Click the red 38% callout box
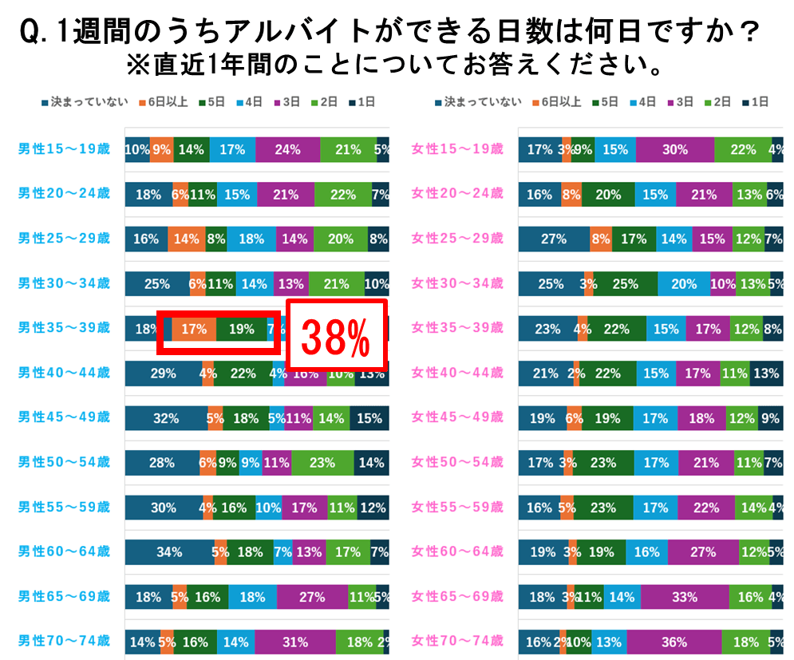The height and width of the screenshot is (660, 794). click(336, 335)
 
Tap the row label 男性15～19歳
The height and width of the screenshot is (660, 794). click(64, 148)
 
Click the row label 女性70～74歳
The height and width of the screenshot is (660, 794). click(457, 640)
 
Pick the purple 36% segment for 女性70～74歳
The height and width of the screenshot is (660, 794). click(673, 642)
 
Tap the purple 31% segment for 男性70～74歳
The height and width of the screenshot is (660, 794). click(295, 642)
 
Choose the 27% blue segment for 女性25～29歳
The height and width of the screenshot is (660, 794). click(554, 239)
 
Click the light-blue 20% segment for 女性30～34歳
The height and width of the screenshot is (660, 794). click(684, 283)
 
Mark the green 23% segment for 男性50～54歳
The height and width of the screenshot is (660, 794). click(322, 462)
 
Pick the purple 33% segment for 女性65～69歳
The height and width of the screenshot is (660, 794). click(685, 597)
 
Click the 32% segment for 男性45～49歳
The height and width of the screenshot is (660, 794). click(166, 417)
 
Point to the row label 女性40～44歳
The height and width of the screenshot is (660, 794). click(457, 372)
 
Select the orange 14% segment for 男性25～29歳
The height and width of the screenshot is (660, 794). click(186, 239)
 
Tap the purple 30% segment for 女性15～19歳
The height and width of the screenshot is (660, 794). click(675, 149)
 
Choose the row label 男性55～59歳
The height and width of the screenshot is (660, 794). click(64, 507)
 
